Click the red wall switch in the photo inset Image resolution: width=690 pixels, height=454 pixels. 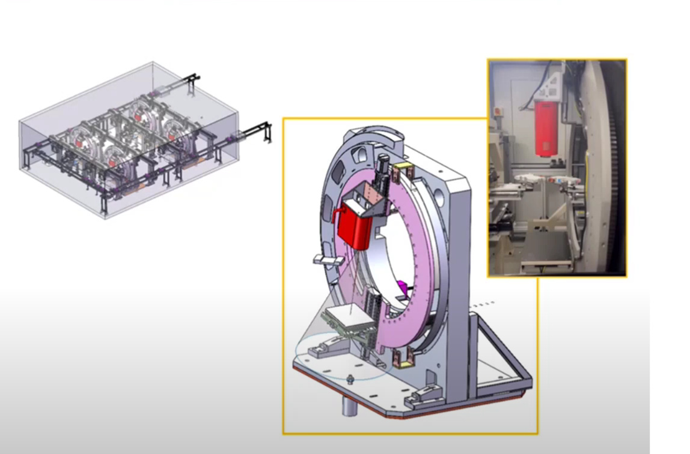(498, 111)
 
